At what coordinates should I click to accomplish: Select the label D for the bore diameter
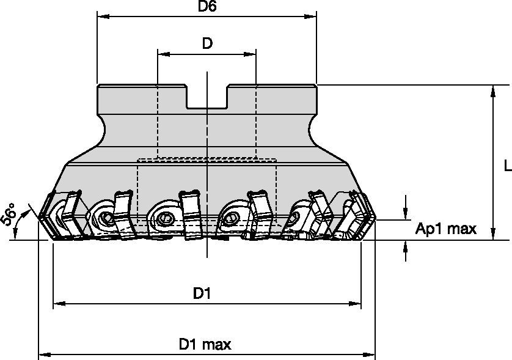(208, 43)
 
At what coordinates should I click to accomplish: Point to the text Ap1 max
(445, 229)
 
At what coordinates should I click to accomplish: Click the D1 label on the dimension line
(202, 294)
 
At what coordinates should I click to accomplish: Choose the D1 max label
(205, 345)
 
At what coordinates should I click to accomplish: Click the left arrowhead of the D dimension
(163, 54)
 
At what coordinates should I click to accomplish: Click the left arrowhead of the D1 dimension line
(58, 303)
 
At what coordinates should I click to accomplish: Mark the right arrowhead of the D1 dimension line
(356, 303)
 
